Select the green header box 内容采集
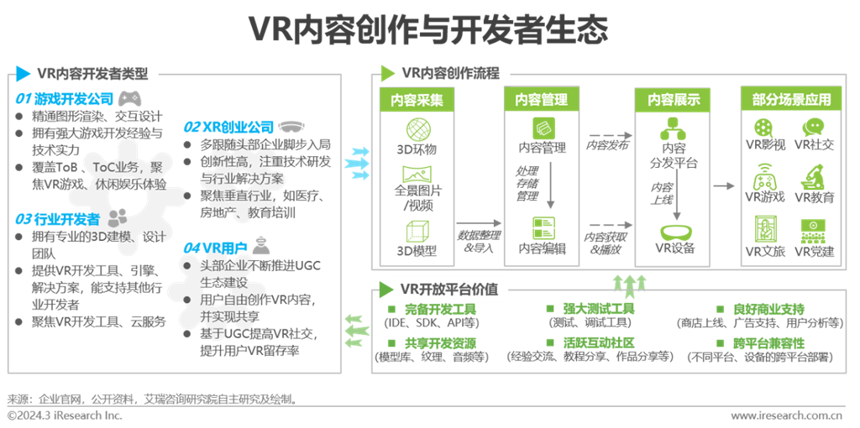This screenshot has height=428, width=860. pyautogui.click(x=417, y=100)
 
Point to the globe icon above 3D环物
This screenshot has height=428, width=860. pyautogui.click(x=417, y=129)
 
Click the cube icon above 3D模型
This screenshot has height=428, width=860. pyautogui.click(x=417, y=232)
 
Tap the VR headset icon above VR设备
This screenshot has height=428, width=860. pyautogui.click(x=674, y=232)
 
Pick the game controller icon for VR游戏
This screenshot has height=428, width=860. pyautogui.click(x=765, y=179)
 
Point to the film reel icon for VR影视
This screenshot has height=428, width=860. pyautogui.click(x=765, y=128)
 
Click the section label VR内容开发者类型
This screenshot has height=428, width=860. pyautogui.click(x=92, y=74)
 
